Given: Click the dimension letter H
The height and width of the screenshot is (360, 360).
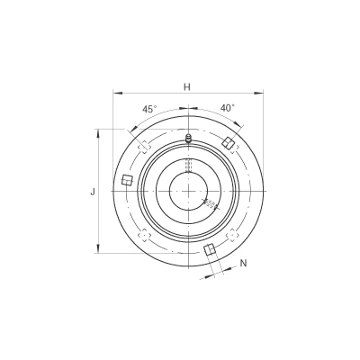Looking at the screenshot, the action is point(187,87).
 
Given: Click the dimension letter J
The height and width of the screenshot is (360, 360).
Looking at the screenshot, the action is point(93,192).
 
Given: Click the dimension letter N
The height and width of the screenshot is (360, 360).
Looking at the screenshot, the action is point(244,264).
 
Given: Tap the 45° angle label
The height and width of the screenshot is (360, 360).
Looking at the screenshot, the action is point(149,109).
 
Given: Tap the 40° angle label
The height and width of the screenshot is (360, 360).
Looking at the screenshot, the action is point(228,108).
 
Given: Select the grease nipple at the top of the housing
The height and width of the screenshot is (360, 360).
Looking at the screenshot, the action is point(188,139).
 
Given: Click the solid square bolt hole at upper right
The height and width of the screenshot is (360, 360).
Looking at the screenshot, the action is point(229,142).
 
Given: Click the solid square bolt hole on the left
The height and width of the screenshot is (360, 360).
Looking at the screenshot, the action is point(127,180).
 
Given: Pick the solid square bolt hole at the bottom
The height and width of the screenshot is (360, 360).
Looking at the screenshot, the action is point(210,249).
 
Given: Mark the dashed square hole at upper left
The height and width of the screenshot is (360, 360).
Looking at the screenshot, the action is point(145,147).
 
